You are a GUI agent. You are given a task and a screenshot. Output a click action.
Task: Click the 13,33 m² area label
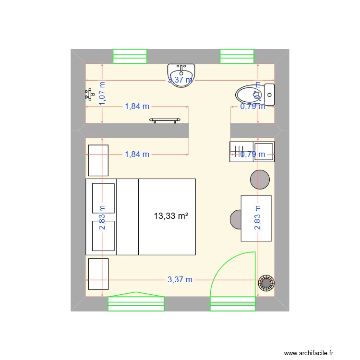(171, 216)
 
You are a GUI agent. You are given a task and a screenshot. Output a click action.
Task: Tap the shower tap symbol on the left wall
(89, 94)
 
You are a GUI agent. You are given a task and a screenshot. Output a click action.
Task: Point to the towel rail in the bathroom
(166, 120)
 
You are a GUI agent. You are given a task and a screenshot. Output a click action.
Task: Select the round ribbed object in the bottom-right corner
(265, 283)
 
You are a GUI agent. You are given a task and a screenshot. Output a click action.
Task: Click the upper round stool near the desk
(260, 180)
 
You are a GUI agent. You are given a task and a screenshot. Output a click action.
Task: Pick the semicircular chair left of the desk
(236, 219)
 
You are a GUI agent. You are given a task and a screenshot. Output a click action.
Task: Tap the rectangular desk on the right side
(256, 218)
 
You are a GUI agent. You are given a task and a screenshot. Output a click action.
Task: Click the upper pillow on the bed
(103, 197)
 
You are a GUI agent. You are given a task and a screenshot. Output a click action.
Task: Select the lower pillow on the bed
(103, 236)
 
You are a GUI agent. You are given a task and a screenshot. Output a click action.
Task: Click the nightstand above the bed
(98, 160)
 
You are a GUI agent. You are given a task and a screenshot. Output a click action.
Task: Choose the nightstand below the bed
(98, 274)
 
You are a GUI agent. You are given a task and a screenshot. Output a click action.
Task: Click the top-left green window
(130, 56)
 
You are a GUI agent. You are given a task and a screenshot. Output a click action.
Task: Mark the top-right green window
(237, 56)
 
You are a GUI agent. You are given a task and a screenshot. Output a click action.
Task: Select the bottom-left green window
(136, 303)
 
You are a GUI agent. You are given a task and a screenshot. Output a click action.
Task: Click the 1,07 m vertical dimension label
(103, 91)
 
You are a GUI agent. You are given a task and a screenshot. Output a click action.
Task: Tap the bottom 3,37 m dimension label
(180, 279)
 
